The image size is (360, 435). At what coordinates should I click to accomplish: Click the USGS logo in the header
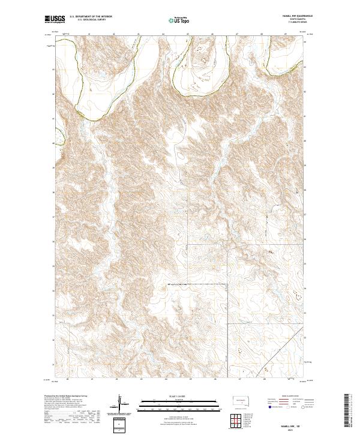click(55, 20)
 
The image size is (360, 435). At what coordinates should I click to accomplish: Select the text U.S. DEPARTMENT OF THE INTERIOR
click(92, 17)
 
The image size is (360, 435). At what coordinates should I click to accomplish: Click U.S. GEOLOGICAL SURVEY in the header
click(90, 21)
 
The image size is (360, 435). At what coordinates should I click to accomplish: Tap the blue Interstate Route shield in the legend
click(268, 407)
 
